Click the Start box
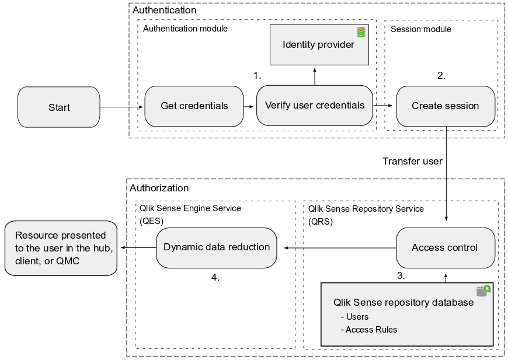click(58, 107)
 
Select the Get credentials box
click(194, 106)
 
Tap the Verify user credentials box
click(314, 106)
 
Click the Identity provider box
click(318, 45)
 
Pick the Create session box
click(445, 106)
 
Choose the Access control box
click(445, 248)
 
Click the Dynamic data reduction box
click(217, 247)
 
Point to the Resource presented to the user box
click(60, 248)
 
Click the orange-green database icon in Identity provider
click(361, 32)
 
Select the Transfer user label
click(412, 161)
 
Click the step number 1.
click(257, 76)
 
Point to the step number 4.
click(215, 277)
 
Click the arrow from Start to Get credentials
click(121, 107)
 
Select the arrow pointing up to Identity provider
click(315, 75)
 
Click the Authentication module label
click(185, 29)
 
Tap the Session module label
click(420, 29)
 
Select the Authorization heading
click(159, 188)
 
